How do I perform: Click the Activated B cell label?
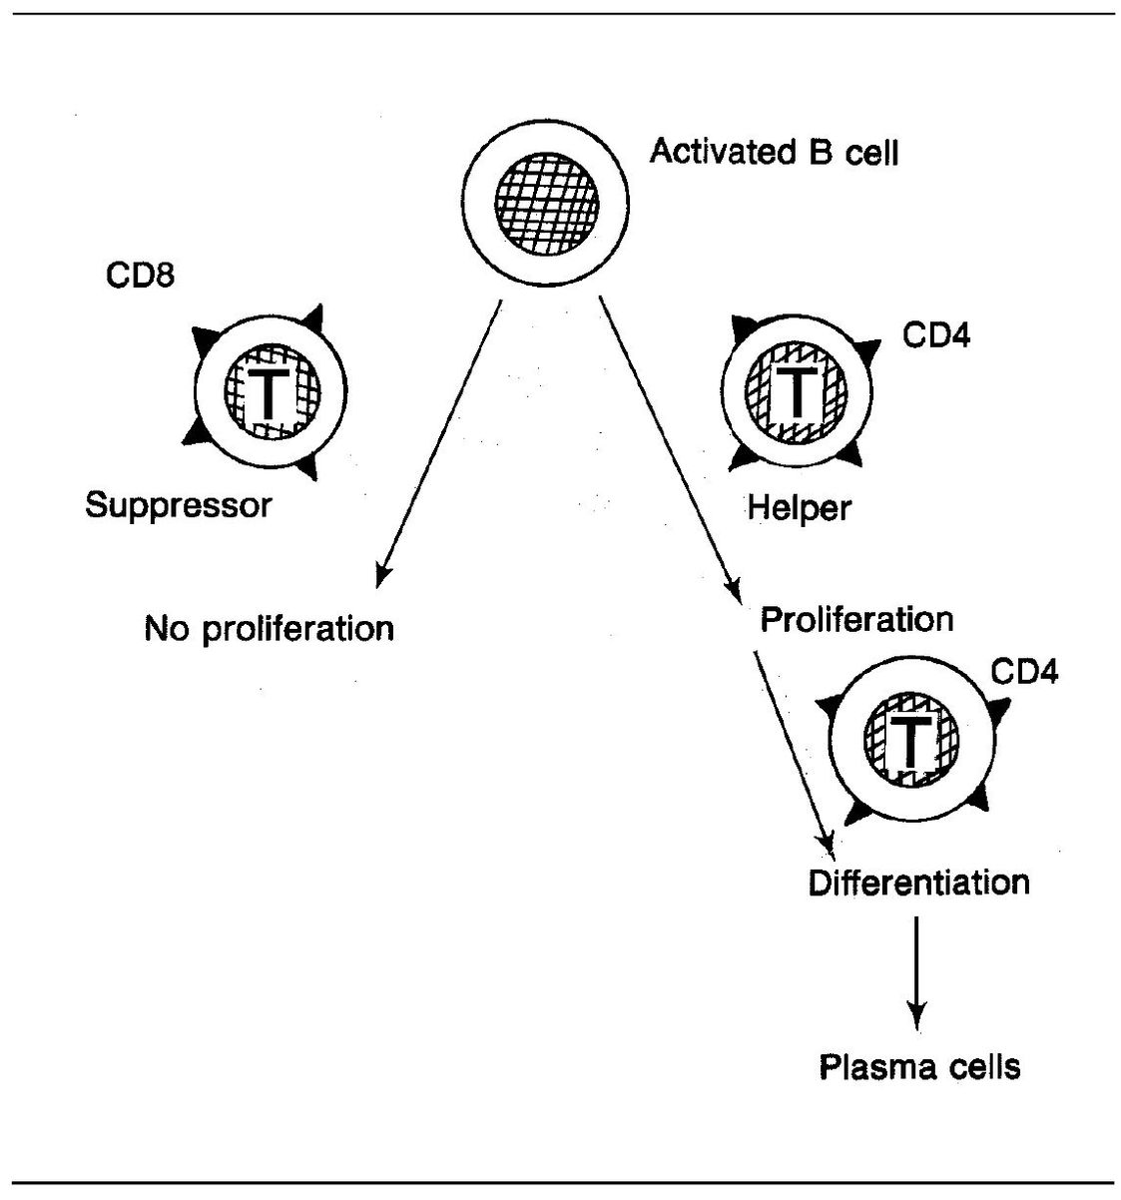(x=774, y=154)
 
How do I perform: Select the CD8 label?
(x=141, y=275)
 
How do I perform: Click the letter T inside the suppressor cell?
(x=268, y=393)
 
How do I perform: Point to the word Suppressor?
(x=178, y=505)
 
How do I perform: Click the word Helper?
(x=799, y=508)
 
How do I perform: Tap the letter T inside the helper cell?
(x=795, y=391)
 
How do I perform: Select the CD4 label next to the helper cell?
(x=936, y=334)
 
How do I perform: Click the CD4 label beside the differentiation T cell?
(x=1024, y=671)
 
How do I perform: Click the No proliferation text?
(x=270, y=629)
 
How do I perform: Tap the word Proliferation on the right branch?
(x=856, y=620)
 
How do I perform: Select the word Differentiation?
(x=918, y=883)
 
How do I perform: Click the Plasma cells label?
(x=919, y=1067)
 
